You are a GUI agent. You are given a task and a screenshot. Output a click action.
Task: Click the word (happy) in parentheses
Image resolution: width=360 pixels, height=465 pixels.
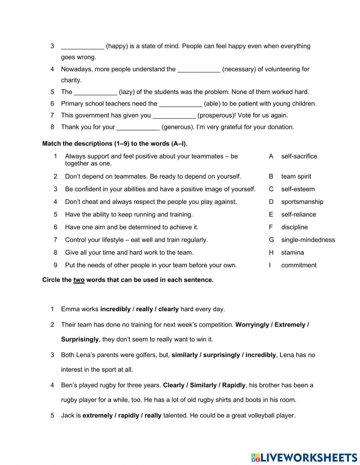pos(117,46)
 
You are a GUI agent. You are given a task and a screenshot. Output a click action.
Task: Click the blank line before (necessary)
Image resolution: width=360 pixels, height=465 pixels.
pos(199,69)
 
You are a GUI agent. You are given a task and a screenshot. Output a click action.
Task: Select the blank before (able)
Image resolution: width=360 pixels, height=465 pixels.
pos(180,104)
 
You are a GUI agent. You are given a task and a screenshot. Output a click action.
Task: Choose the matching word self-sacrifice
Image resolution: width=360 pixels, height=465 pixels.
pos(299,156)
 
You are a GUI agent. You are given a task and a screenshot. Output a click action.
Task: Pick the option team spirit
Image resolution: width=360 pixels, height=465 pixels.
pos(296,176)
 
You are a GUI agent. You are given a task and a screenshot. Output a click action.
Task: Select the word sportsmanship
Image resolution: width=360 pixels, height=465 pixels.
pos(302,202)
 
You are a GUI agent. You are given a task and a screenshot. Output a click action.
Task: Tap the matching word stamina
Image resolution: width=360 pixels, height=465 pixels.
pos(292,252)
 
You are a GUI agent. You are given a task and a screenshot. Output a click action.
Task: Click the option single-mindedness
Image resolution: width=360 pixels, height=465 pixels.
pos(308,240)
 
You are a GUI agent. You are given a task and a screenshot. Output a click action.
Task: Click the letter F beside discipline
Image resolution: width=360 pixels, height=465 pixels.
pos(271,227)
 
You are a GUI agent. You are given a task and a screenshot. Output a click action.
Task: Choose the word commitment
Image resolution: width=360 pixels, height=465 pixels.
pos(299,265)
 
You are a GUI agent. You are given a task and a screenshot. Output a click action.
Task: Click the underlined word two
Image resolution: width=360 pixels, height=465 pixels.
pos(79,280)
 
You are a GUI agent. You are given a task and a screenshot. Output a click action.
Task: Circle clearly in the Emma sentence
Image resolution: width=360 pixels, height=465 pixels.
pos(168,309)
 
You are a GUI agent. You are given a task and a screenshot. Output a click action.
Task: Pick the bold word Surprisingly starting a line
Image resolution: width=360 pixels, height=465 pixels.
pos(80,339)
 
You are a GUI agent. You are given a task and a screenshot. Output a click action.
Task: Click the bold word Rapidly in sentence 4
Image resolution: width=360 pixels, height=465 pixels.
pos(234,385)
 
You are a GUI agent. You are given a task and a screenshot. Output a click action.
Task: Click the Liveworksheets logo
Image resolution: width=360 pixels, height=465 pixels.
pos(304,458)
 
